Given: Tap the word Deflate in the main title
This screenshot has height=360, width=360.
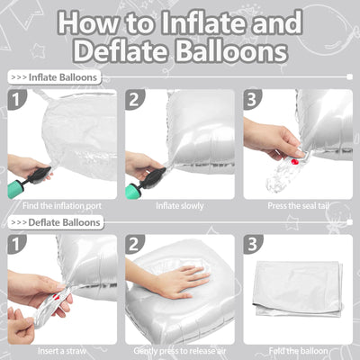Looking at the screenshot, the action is (x=120, y=51).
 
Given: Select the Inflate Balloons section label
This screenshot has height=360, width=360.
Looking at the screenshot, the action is (x=54, y=77).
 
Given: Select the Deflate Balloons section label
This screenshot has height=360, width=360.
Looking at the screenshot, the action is (x=56, y=222).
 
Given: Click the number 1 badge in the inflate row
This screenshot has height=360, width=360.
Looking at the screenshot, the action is (x=16, y=99).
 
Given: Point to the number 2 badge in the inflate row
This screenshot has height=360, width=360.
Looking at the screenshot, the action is (x=135, y=99).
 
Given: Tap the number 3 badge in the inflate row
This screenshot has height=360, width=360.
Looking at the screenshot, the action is (x=253, y=99).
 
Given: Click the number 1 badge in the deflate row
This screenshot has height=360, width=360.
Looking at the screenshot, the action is (x=16, y=244).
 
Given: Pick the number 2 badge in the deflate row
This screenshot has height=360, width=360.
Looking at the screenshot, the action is (x=135, y=244).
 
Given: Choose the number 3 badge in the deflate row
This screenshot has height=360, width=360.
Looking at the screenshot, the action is (x=253, y=244).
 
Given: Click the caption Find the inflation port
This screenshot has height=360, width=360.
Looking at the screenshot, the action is (x=62, y=206).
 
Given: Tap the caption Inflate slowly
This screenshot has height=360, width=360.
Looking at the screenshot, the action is (x=180, y=206).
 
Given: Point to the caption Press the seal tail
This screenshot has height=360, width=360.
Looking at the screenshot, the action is (x=299, y=206).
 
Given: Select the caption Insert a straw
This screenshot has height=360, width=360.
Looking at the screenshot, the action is (x=62, y=351).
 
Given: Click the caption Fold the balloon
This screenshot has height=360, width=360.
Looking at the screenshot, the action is (x=298, y=351).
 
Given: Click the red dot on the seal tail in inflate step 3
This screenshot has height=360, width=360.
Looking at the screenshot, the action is (x=294, y=162).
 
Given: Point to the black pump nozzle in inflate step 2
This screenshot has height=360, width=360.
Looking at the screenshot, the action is (x=156, y=178).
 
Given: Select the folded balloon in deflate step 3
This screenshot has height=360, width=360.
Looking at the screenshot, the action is (x=298, y=289).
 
